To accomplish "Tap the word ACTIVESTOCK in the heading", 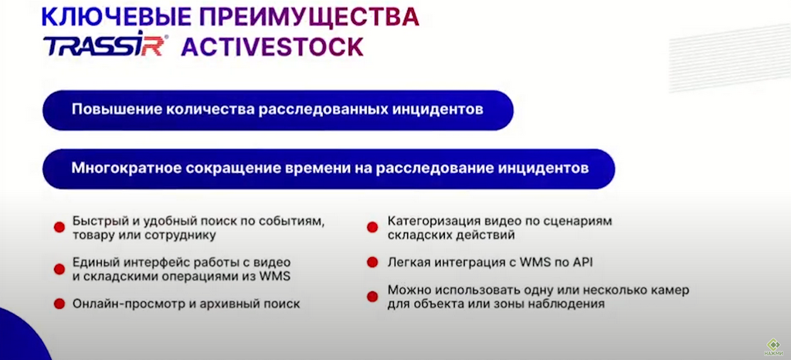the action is [273, 46].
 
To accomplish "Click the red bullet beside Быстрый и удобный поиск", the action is [59, 227].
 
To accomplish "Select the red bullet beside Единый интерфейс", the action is [59, 270].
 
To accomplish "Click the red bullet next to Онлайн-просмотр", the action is [59, 304].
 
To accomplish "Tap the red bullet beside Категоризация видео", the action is [372, 227].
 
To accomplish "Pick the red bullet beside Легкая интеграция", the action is [372, 262].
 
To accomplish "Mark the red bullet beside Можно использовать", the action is [372, 297].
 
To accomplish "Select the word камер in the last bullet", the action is [670, 291].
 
